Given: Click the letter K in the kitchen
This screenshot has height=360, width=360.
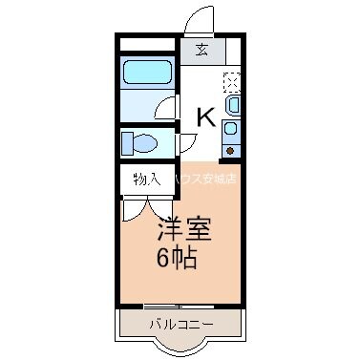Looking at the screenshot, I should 205,117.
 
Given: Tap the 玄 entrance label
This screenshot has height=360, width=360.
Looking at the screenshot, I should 203,51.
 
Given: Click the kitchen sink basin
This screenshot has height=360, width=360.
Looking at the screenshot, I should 232,104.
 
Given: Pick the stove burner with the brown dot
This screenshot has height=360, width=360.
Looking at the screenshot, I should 231,148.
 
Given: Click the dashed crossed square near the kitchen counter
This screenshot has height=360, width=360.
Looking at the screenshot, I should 232,80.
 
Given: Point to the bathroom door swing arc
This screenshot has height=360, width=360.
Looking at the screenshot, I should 167,108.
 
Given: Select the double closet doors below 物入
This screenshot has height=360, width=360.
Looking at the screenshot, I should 145,207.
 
